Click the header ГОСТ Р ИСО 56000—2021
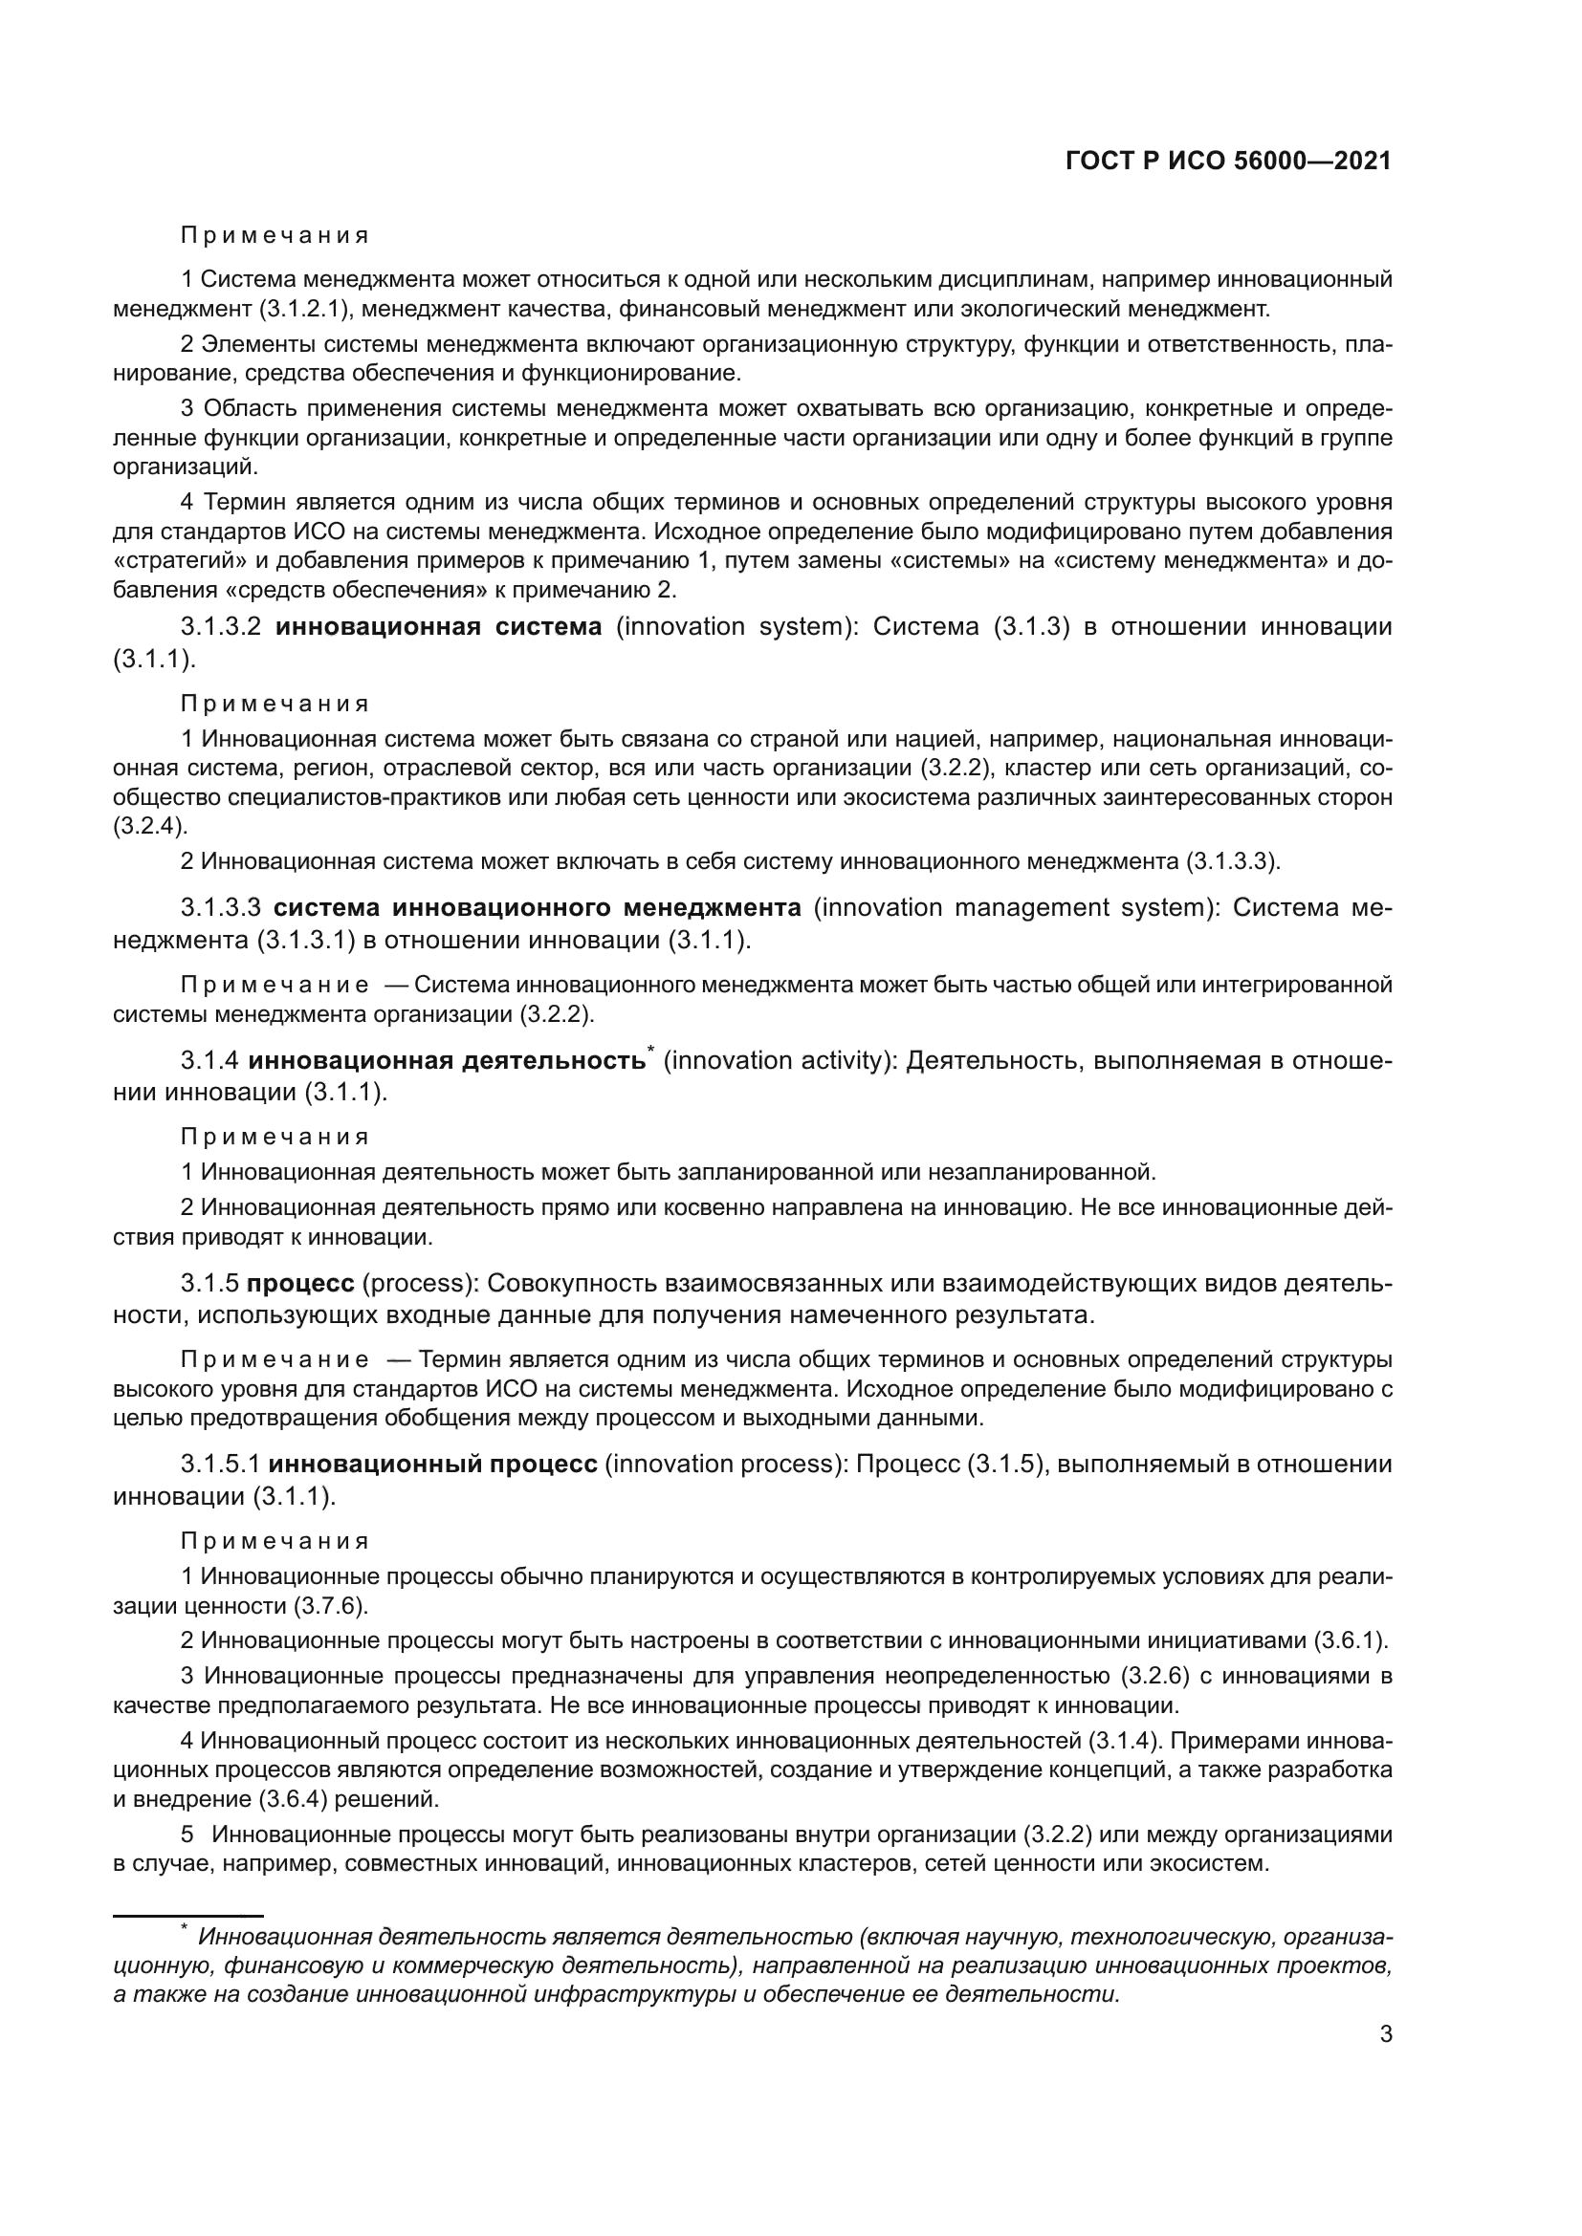click(x=1227, y=161)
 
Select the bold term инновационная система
click(x=438, y=626)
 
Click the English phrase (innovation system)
click(x=735, y=626)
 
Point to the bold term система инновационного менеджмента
click(x=537, y=907)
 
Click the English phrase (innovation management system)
click(x=1015, y=907)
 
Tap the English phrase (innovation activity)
click(x=780, y=1060)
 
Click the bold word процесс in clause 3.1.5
click(x=300, y=1284)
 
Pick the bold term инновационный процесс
click(x=432, y=1464)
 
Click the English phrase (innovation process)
click(x=727, y=1464)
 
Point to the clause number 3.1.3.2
click(x=221, y=626)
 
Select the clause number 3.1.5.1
click(x=221, y=1464)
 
